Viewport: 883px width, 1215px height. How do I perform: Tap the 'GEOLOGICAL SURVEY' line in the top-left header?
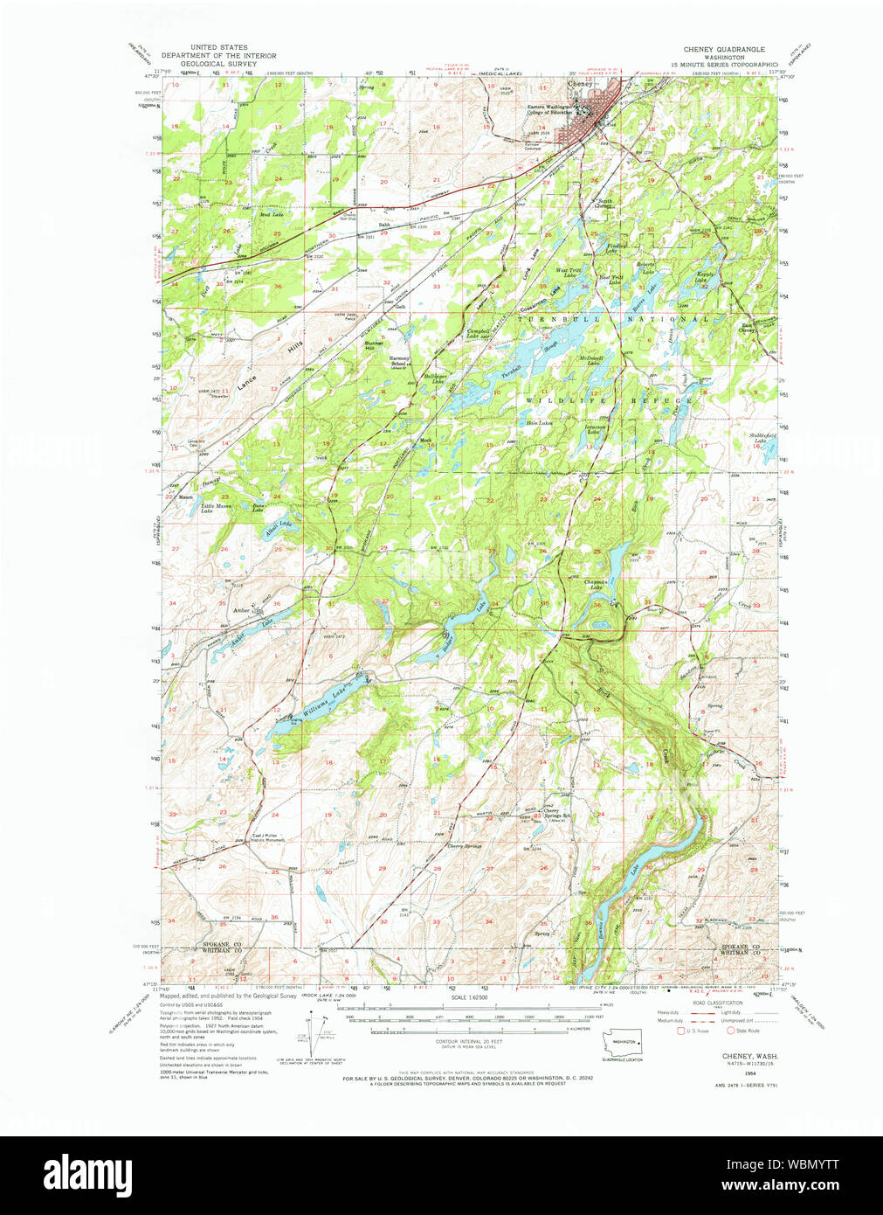pos(218,64)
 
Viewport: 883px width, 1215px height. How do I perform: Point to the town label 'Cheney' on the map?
pos(579,84)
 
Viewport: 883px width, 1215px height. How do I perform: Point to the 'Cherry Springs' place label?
pos(464,846)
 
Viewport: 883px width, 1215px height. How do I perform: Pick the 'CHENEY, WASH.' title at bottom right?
pos(751,1056)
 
